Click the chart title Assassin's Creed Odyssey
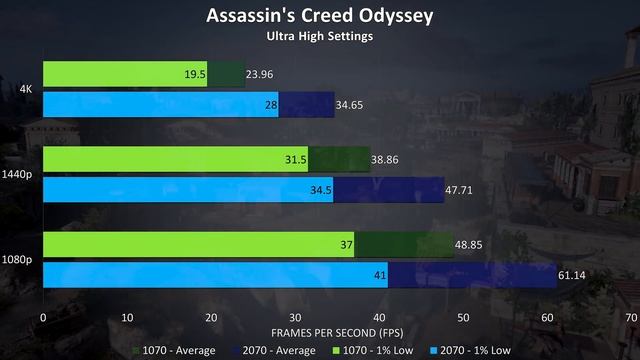pos(319,16)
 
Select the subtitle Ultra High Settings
pos(319,37)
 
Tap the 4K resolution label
pos(24,88)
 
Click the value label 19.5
pos(195,74)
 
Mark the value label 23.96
pos(262,74)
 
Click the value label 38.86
pos(387,160)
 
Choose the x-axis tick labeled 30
pos(295,316)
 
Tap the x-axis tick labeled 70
pos(630,316)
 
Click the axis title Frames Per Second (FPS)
pos(336,331)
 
